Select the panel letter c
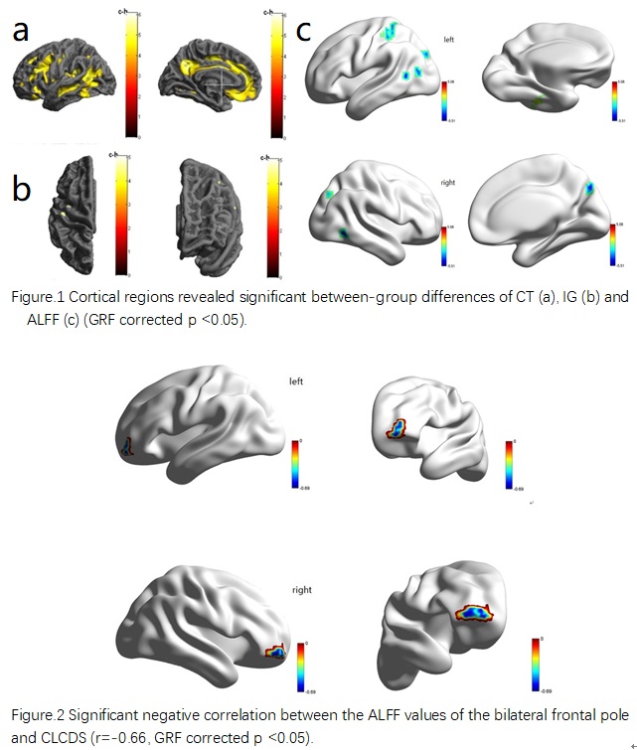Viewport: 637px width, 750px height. pyautogui.click(x=304, y=31)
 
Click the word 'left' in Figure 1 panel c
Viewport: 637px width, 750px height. pyautogui.click(x=450, y=39)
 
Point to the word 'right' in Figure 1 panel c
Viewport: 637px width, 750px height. pyautogui.click(x=451, y=183)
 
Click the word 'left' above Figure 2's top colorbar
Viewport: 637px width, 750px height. pyautogui.click(x=295, y=380)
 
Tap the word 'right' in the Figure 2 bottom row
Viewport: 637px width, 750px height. pyautogui.click(x=302, y=590)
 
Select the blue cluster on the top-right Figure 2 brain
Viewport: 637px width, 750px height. pyautogui.click(x=398, y=428)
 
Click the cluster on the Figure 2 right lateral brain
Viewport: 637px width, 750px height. pyautogui.click(x=276, y=653)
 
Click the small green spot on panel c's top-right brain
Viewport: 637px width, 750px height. pyautogui.click(x=538, y=100)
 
